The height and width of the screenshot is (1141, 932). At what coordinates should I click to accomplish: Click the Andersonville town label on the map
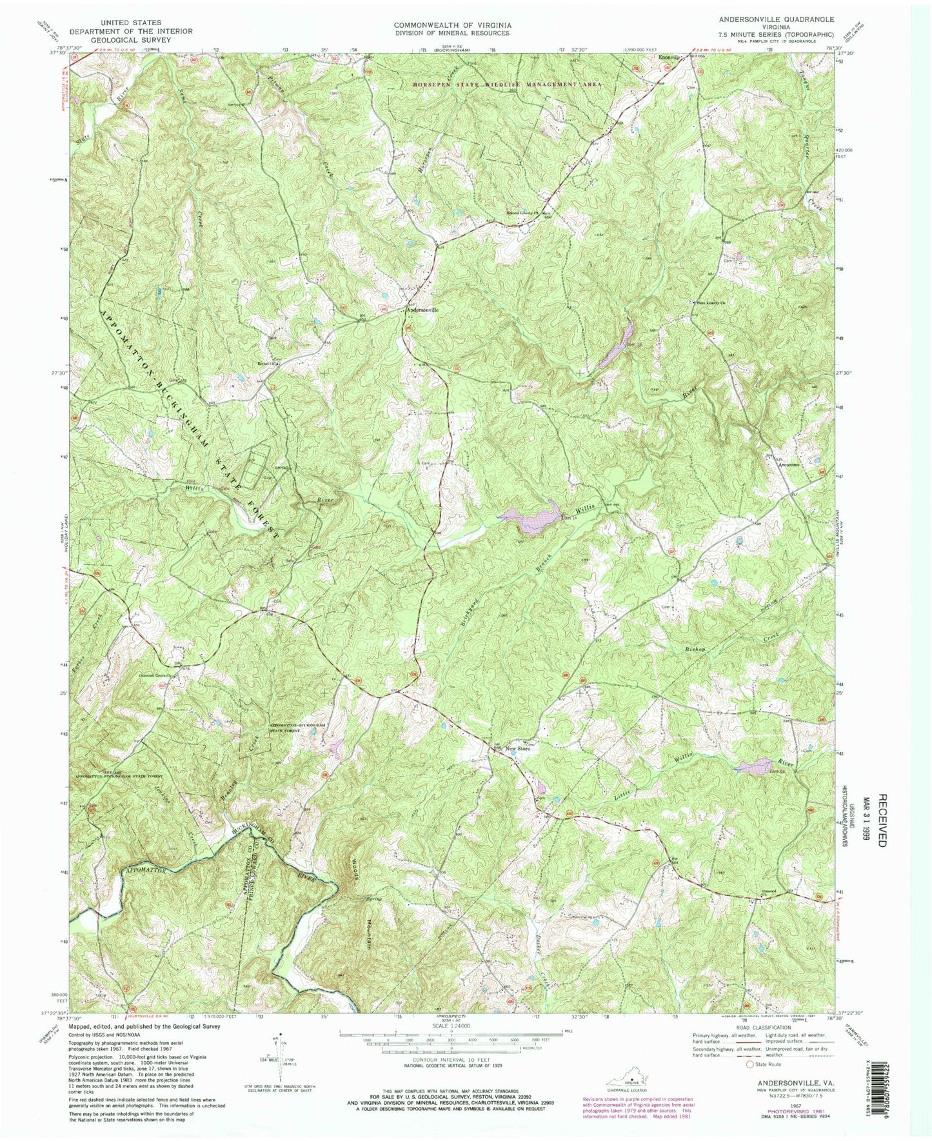click(422, 310)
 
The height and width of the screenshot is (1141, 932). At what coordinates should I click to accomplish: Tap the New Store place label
click(517, 748)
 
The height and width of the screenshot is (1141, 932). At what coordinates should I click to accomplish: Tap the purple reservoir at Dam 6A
click(752, 767)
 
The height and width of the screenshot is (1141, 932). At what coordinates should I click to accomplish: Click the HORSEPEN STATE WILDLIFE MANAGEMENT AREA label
click(508, 84)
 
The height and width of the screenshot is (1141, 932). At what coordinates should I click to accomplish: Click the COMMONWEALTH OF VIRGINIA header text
click(451, 25)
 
